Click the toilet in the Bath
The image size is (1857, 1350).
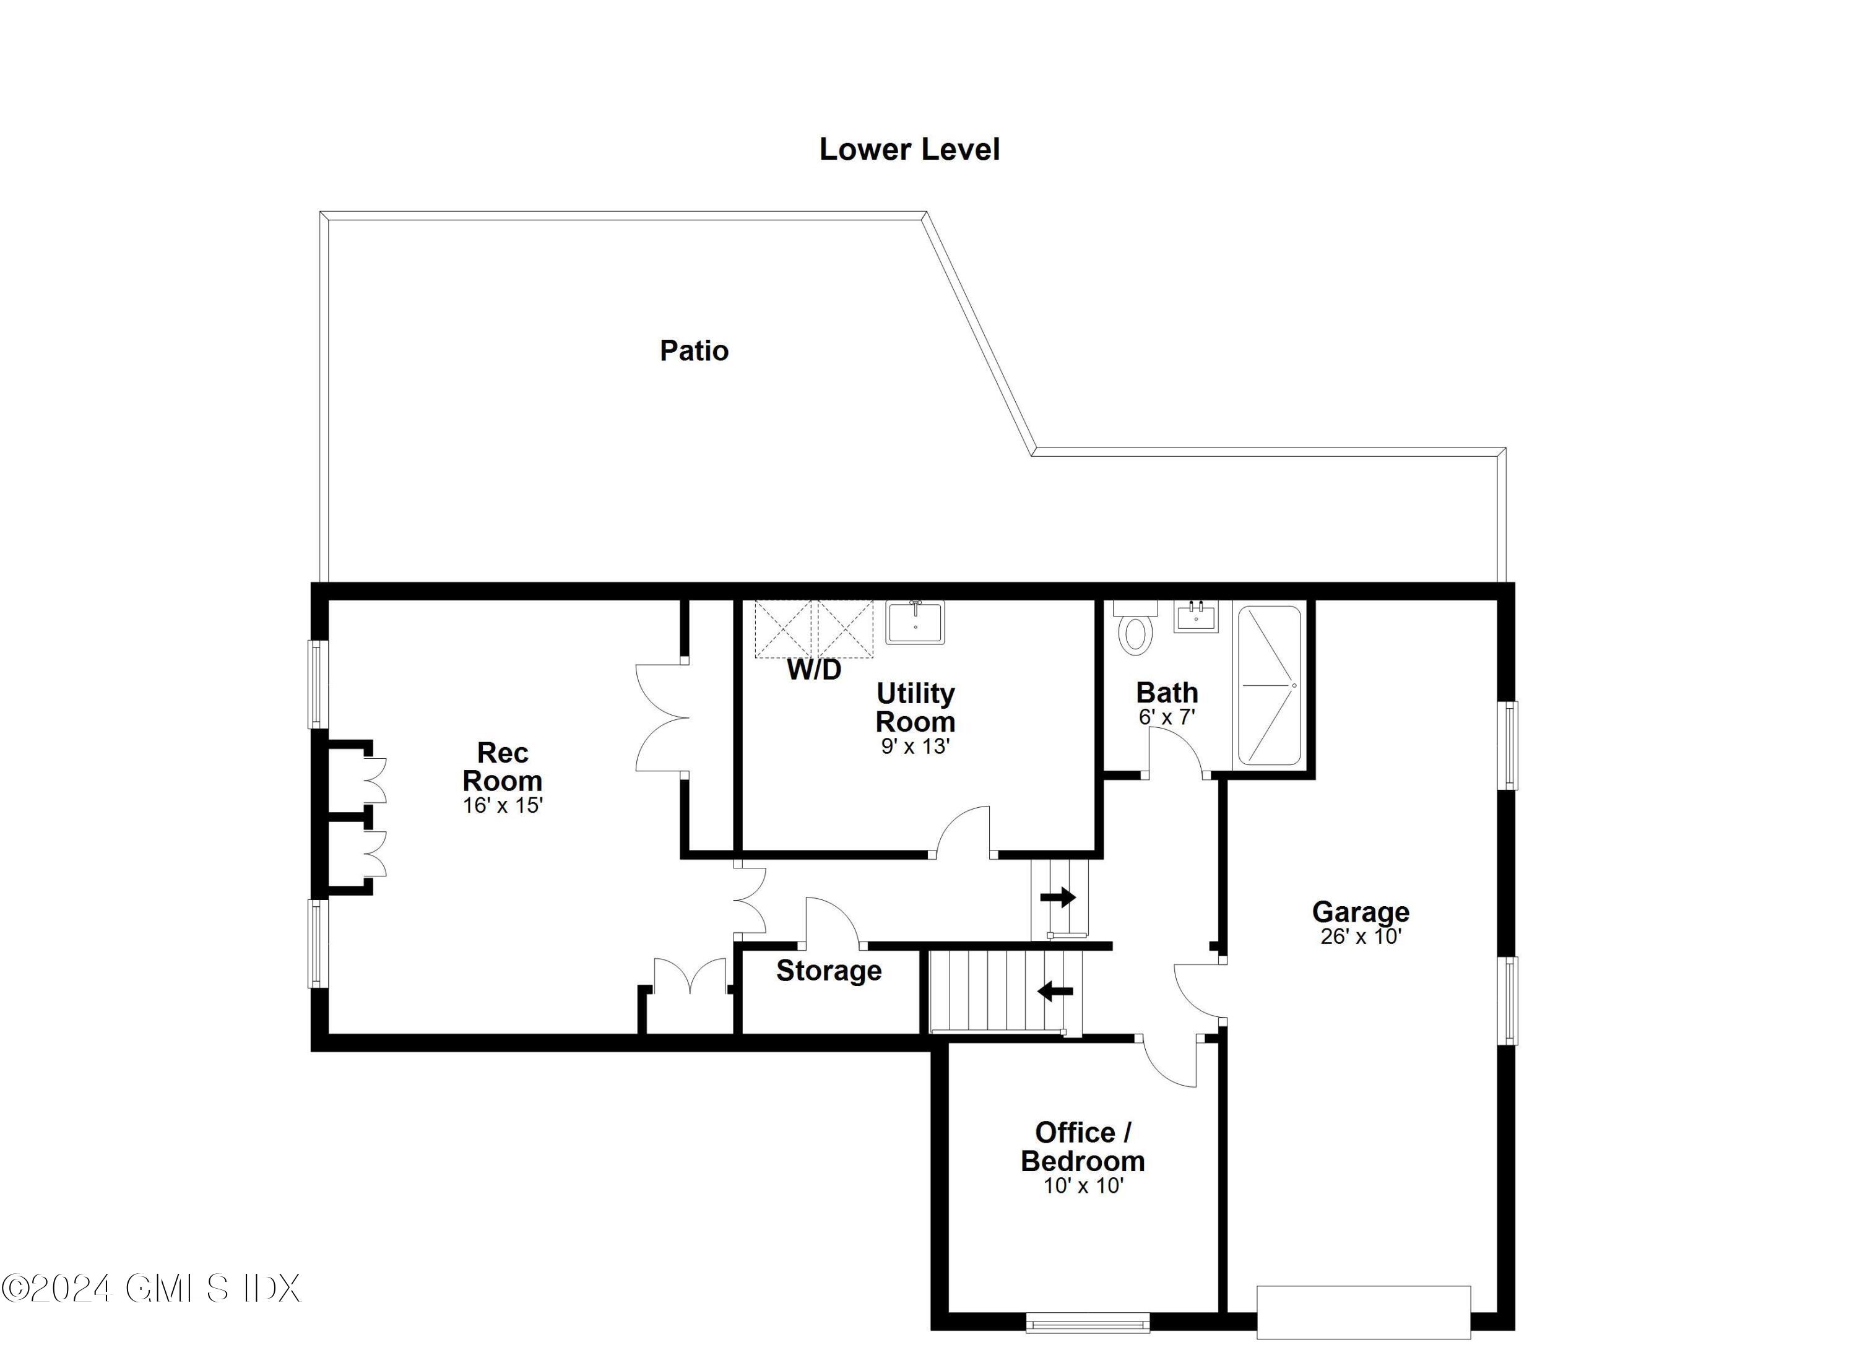click(x=1135, y=634)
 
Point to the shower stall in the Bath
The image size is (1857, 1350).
click(x=1269, y=685)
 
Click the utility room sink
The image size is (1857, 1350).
click(x=915, y=622)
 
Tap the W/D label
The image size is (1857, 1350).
click(x=814, y=670)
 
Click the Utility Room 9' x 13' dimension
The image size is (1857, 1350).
click(x=915, y=746)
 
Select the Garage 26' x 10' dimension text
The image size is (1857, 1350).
click(x=1361, y=937)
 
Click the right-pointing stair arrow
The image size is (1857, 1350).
click(x=1058, y=898)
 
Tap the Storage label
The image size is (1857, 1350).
click(x=829, y=971)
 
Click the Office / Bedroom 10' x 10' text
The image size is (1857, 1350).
click(x=1083, y=1186)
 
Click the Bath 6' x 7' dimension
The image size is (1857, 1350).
click(x=1167, y=718)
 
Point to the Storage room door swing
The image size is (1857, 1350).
click(x=831, y=921)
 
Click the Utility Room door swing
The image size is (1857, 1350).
click(x=964, y=831)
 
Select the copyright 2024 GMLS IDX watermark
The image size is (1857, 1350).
click(x=152, y=1289)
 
